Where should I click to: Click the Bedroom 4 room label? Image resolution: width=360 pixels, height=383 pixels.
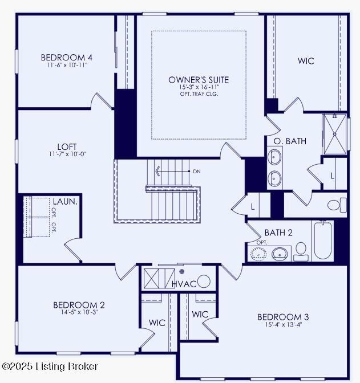coord(67,58)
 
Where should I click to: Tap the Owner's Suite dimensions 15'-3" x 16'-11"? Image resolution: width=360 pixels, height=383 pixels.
coord(199,87)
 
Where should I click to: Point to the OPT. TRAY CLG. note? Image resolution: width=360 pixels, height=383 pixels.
coord(199,94)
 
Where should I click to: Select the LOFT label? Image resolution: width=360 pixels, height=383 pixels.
coord(67,147)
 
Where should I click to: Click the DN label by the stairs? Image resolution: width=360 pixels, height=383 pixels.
coord(197,172)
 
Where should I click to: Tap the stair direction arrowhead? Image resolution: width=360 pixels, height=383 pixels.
coord(157,171)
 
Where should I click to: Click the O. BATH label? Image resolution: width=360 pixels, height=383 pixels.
coord(290,141)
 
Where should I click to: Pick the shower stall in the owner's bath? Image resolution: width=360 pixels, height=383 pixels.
coord(335,134)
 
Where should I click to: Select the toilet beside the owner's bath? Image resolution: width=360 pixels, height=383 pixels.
coord(337,205)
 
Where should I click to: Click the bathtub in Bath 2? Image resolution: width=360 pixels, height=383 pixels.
coord(323,241)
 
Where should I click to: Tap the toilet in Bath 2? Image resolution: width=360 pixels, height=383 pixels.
coord(301,251)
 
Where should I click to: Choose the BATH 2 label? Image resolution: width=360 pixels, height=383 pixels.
coord(278,233)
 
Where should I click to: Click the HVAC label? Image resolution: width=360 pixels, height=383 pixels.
coord(184,284)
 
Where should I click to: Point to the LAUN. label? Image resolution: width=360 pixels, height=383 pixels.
coord(65,202)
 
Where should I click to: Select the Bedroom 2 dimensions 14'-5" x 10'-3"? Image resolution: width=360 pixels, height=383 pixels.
coord(79,312)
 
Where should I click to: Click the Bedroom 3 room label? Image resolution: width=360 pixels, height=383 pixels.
coord(283,317)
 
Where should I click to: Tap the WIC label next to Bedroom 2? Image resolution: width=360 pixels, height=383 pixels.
coord(157,323)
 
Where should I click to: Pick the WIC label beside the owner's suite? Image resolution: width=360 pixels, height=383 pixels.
coord(306,61)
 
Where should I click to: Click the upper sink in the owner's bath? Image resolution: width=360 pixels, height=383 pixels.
coord(274,157)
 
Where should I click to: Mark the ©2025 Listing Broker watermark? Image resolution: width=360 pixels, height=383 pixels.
coord(50,366)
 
